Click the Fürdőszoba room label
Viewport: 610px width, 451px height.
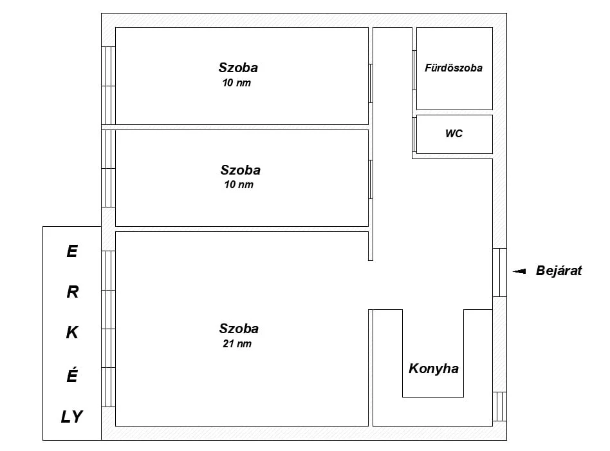click(453, 68)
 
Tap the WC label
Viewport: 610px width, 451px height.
click(454, 133)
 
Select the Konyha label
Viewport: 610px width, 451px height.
click(434, 369)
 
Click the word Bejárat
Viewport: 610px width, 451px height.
click(559, 271)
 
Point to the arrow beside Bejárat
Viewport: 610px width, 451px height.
click(519, 271)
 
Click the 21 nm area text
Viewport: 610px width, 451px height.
click(237, 343)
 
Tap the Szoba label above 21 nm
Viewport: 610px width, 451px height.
click(239, 329)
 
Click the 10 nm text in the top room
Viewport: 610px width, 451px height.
click(237, 82)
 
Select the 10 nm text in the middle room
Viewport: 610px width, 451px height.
click(239, 184)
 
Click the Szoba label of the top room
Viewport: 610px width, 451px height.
click(238, 68)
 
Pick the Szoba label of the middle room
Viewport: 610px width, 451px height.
click(241, 170)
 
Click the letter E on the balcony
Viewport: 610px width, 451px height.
click(72, 251)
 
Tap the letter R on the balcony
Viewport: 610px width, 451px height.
click(72, 292)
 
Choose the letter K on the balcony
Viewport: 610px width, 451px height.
click(72, 332)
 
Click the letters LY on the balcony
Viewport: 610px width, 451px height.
click(72, 417)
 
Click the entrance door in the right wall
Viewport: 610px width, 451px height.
click(499, 273)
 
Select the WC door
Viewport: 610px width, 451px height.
click(414, 135)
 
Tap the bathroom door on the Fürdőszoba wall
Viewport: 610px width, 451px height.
click(414, 70)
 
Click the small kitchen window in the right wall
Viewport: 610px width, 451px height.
click(499, 407)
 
